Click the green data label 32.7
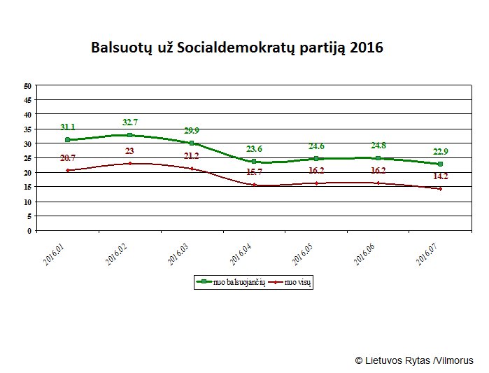click(129, 122)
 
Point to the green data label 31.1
click(68, 127)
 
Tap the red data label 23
click(130, 151)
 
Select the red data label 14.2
click(441, 176)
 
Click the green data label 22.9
click(440, 152)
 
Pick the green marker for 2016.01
click(68, 140)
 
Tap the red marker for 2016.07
click(440, 189)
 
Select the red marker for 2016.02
click(130, 164)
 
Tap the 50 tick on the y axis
click(28, 86)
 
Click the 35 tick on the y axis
click(28, 129)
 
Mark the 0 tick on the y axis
click(30, 230)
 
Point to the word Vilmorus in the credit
click(454, 360)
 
